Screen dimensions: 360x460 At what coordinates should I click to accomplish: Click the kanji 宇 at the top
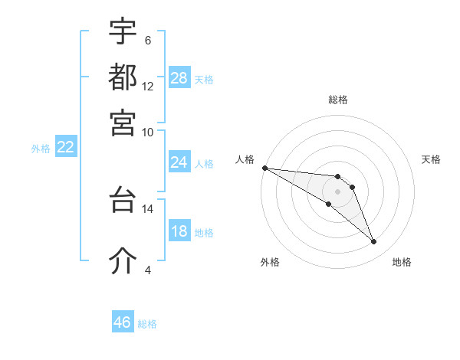123,31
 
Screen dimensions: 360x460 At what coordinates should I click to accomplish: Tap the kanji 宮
123,122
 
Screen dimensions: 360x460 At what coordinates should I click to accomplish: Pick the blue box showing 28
179,78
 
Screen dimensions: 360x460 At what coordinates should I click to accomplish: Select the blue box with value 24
179,162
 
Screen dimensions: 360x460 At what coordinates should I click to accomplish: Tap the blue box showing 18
179,232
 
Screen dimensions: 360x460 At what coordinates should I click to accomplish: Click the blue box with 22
66,148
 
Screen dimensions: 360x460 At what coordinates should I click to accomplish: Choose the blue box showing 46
123,322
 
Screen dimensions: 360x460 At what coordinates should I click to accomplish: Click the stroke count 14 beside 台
148,208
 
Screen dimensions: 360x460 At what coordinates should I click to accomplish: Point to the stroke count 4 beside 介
148,270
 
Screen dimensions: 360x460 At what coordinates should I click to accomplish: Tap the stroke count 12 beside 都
148,86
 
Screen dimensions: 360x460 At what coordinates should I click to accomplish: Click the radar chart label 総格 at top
338,100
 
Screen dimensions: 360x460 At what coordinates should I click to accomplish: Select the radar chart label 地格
402,263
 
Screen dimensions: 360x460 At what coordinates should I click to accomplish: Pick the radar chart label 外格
270,263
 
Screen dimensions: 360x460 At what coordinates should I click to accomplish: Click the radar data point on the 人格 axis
264,168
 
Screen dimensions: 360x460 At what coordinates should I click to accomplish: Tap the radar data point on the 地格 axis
373,242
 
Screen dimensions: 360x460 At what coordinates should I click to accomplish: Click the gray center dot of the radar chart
338,191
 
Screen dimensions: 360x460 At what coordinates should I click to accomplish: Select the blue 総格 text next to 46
147,324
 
